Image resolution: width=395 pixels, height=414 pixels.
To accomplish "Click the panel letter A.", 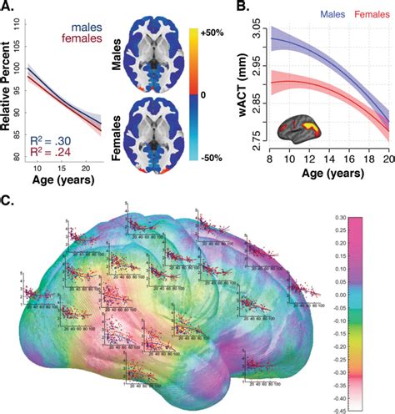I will coord(11,9).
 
